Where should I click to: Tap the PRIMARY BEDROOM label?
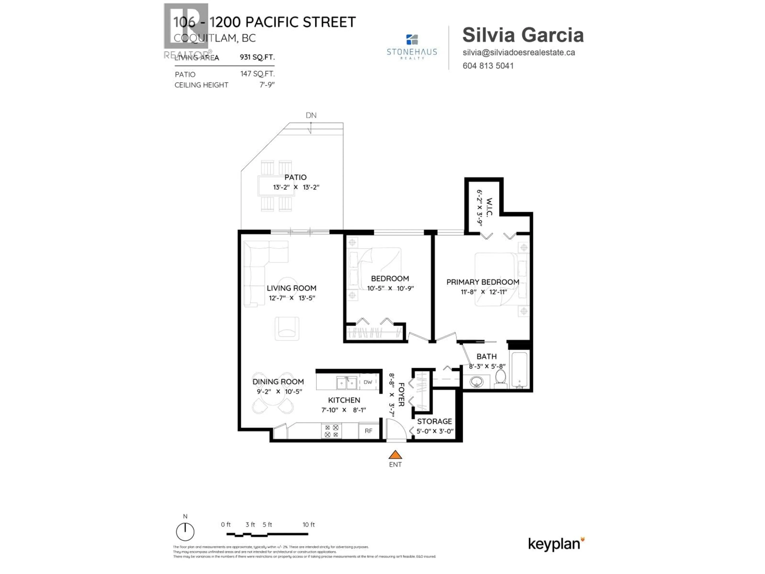[x=483, y=282]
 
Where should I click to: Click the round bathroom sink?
[x=477, y=382]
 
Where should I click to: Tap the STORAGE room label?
[x=434, y=421]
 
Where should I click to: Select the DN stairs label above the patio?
[x=311, y=115]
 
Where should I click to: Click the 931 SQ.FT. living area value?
[x=257, y=57]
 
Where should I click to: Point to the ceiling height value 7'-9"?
[x=267, y=85]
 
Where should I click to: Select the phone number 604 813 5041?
[x=488, y=66]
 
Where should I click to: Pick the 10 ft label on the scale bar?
[x=308, y=525]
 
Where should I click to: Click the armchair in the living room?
[x=287, y=328]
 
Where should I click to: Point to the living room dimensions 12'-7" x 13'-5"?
[x=292, y=298]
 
